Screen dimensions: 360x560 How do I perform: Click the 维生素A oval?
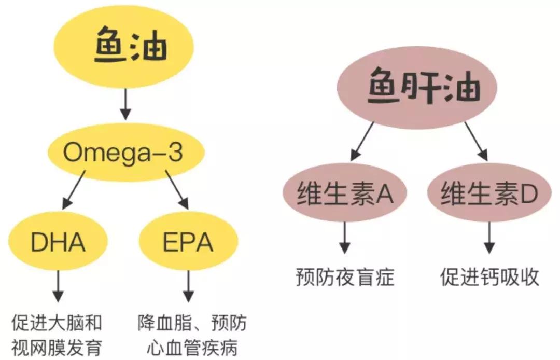344,195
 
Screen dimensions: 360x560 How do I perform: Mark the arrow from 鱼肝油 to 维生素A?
362,141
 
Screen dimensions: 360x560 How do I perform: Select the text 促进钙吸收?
489,278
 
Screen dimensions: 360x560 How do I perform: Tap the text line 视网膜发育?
57,345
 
